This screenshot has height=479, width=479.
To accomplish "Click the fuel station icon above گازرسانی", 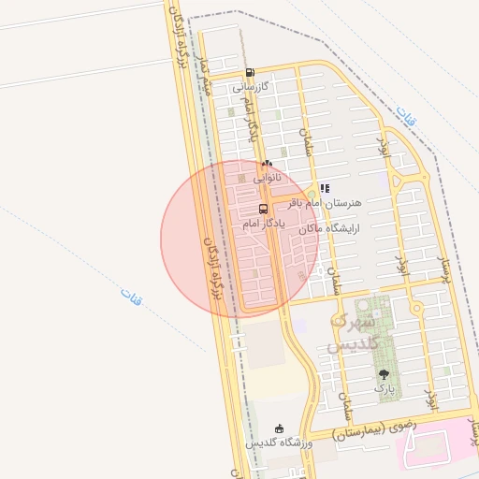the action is point(249,73).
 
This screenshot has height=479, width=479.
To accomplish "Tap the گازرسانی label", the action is point(252,86).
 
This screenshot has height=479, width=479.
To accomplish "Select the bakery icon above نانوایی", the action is point(267,163).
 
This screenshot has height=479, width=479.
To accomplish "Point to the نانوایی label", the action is point(266,176).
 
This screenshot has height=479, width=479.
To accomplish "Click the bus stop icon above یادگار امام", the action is point(263,209).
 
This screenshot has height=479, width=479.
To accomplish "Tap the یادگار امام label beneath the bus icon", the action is point(262,224).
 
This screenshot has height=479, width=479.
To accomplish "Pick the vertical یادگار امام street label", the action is point(247,122).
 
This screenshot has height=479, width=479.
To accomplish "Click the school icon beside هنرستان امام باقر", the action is point(325,188).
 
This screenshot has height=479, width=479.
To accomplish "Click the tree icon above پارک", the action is point(383,373).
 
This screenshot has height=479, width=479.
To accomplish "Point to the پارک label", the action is point(383,386).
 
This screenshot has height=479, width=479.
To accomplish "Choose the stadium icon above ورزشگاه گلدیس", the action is point(278,428).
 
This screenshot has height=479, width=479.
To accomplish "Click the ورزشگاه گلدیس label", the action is point(278,443).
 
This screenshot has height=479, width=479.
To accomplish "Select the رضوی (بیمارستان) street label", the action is point(374,432).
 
